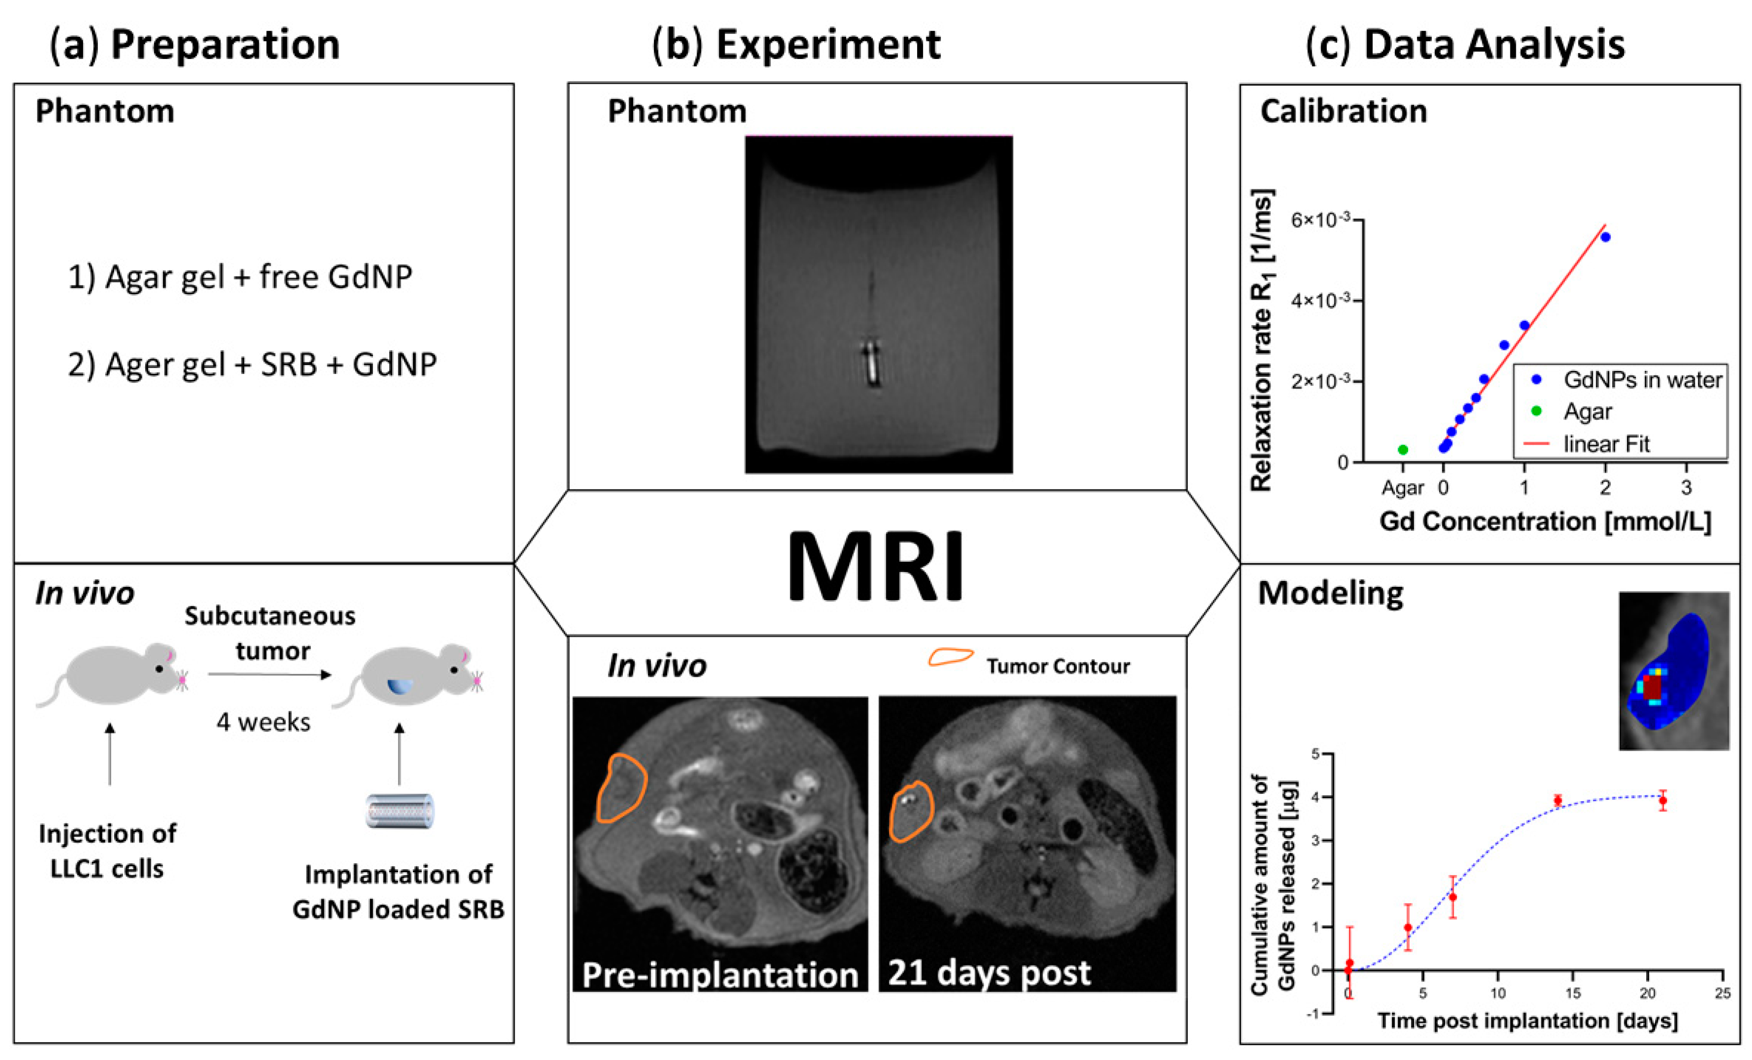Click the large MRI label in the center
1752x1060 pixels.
(875, 567)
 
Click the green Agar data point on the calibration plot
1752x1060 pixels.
(1403, 449)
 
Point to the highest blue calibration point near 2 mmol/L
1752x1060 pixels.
(1605, 237)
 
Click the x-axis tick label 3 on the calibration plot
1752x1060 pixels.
(1686, 488)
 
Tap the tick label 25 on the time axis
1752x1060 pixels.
(1722, 993)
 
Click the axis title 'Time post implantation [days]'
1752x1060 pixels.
(1527, 1021)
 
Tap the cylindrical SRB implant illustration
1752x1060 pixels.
(400, 811)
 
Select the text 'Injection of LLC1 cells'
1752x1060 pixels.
(107, 851)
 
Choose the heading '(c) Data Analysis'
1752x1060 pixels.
(1466, 44)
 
